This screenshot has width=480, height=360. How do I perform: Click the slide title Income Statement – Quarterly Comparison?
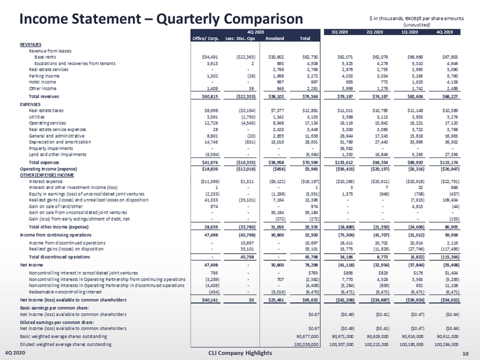point(134,18)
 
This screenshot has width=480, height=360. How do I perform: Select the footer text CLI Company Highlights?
point(240,353)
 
